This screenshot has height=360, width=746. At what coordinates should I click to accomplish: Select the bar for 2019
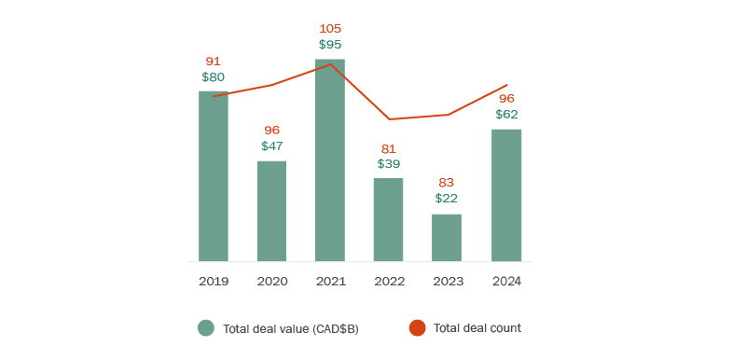coord(214,176)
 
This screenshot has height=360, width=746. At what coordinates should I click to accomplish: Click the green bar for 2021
coord(330,160)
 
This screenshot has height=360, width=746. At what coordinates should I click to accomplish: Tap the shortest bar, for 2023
coord(447,238)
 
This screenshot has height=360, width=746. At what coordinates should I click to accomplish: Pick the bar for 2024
coord(505,195)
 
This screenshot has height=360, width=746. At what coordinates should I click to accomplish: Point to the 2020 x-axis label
coord(271,281)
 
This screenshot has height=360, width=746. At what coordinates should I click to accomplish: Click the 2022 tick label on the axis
coord(388,281)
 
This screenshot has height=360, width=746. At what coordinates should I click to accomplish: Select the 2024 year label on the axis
coord(505,281)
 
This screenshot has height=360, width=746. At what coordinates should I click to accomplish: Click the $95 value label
coord(330,44)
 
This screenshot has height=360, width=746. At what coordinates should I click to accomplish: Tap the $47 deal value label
coord(271,146)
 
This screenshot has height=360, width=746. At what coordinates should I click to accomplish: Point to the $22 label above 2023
coord(447,199)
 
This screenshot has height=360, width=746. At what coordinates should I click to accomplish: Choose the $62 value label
coord(506,114)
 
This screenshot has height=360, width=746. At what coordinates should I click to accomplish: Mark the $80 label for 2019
coord(214,76)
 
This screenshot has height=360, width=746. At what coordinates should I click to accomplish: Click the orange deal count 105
coord(330,28)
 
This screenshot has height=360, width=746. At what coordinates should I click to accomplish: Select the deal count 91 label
coord(214,61)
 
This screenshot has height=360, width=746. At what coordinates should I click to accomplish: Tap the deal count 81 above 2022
coord(388,148)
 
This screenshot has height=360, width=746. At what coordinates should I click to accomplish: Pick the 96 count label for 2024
coord(506,98)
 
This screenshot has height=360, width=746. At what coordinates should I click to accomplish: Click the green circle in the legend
coord(206,328)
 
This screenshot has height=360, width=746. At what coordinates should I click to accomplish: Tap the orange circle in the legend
coord(417,328)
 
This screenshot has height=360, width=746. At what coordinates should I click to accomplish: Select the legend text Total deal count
coord(477,328)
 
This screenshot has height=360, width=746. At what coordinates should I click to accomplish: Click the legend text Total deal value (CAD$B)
coord(291,328)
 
